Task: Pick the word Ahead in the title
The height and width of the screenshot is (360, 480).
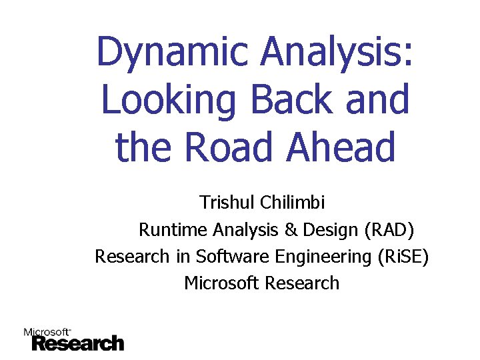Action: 341,147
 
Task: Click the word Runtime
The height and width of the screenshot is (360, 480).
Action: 173,230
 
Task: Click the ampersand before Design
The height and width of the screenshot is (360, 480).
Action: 291,230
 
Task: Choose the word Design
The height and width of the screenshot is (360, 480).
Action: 331,230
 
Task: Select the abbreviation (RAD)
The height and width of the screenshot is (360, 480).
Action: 389,230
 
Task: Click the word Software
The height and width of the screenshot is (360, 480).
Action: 227,256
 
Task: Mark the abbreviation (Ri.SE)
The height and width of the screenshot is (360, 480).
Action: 398,256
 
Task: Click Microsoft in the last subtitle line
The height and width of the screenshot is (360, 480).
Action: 221,283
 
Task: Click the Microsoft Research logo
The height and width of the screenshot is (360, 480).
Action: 74,339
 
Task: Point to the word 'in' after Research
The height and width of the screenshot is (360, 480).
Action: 183,256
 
